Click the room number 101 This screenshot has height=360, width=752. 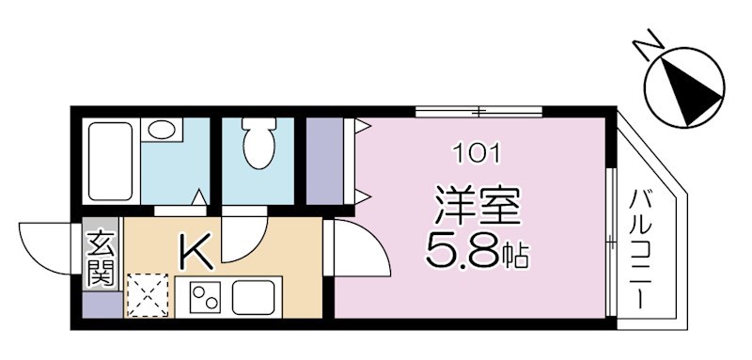(x=477, y=151)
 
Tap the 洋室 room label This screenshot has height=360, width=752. (x=477, y=205)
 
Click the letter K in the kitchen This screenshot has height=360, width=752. (x=195, y=251)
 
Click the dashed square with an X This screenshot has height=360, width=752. (x=149, y=294)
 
